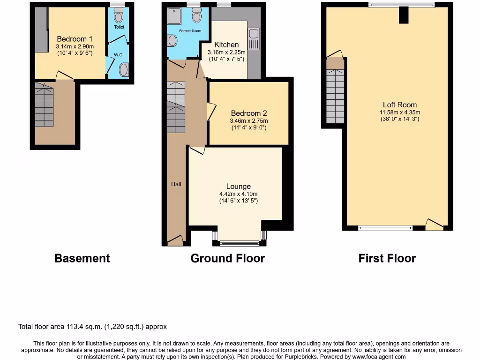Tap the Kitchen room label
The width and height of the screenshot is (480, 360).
pyautogui.click(x=226, y=45)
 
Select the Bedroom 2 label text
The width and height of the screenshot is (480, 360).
pyautogui.click(x=249, y=113)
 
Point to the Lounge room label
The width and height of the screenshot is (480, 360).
pyautogui.click(x=238, y=186)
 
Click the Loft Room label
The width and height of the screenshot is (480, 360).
pyautogui.click(x=399, y=105)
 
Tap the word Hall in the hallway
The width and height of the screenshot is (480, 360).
pyautogui.click(x=176, y=184)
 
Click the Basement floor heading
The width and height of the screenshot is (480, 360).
pyautogui.click(x=82, y=258)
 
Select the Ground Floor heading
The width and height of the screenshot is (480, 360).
pyautogui.click(x=227, y=258)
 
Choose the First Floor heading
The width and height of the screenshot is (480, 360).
pyautogui.click(x=387, y=258)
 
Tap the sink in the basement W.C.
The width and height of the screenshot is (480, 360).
pyautogui.click(x=124, y=70)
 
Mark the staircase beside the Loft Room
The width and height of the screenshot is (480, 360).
pyautogui.click(x=335, y=96)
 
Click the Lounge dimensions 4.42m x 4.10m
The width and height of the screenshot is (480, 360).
pyautogui.click(x=238, y=194)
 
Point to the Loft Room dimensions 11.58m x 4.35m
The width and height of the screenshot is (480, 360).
pyautogui.click(x=399, y=112)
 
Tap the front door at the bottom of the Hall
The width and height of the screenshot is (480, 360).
pyautogui.click(x=175, y=241)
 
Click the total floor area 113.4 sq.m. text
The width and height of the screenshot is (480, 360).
pyautogui.click(x=92, y=327)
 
